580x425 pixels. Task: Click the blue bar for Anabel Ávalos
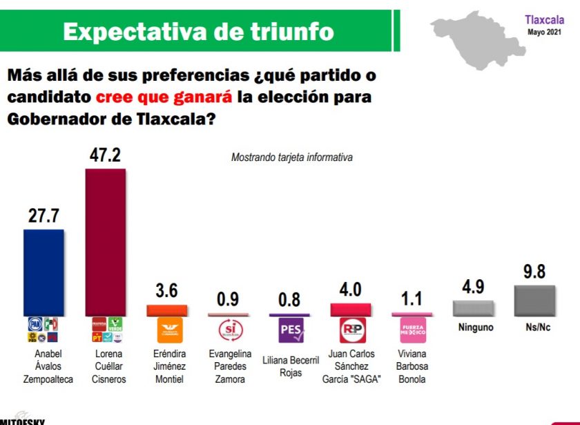coord(43,272)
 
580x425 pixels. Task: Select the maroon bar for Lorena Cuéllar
coord(105,242)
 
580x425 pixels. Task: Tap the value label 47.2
coord(105,155)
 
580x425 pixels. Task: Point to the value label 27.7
coord(43,216)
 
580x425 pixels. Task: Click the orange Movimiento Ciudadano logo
coord(167,330)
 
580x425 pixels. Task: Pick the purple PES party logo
coord(290,330)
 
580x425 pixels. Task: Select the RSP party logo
coord(351,330)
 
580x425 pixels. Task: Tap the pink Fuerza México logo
coord(413,330)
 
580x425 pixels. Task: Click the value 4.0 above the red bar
coord(351,290)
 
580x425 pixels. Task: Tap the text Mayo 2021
coord(545,32)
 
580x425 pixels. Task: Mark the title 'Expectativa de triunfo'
coord(198,31)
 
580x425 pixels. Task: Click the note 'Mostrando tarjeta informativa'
coord(291,158)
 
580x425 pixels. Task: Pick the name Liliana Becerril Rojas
coord(290,367)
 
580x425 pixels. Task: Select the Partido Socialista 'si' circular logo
coord(229,330)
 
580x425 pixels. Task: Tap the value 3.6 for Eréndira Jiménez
coord(167,291)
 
